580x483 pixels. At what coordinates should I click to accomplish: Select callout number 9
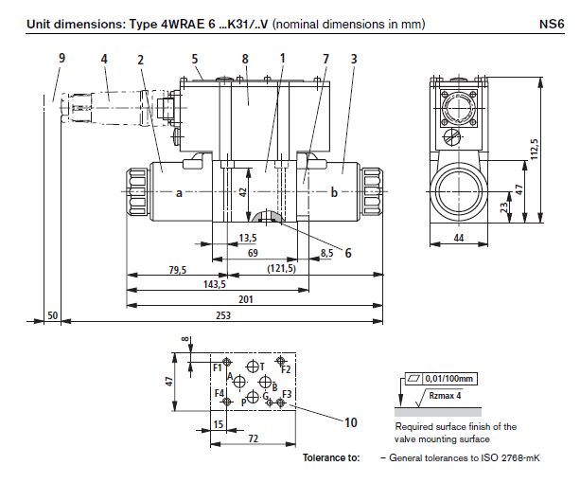point(62,58)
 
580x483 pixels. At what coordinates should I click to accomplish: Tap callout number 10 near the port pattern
point(351,423)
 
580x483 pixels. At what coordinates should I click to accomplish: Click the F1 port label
point(218,366)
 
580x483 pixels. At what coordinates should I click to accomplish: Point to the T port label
point(264,365)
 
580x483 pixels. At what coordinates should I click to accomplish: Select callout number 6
point(349,253)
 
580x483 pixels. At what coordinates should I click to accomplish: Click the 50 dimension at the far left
point(52,313)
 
